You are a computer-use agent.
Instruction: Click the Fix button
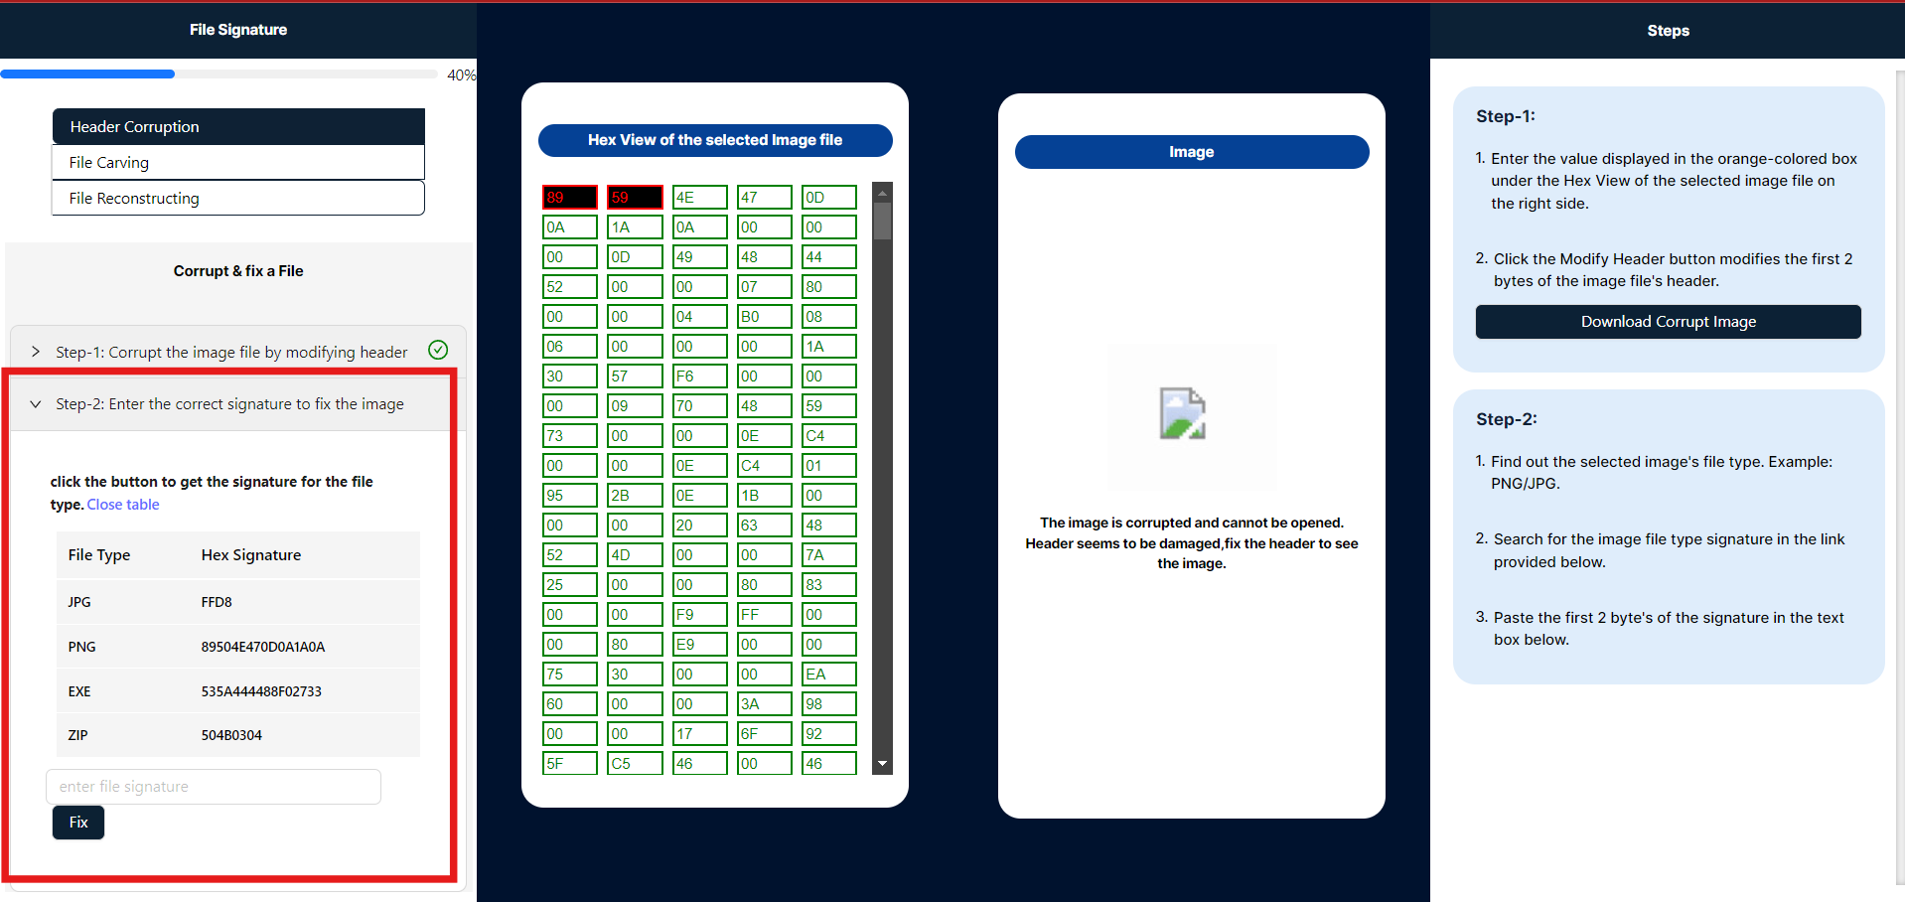tap(77, 823)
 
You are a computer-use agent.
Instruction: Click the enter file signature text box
tap(213, 787)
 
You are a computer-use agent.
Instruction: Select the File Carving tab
tap(237, 163)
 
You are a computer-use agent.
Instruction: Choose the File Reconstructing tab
tap(237, 199)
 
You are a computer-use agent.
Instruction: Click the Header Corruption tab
tap(237, 127)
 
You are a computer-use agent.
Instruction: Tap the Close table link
tap(123, 505)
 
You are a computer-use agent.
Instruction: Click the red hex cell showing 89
tap(569, 198)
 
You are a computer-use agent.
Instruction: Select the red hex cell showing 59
tap(634, 198)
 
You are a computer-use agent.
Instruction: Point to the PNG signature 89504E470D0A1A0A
tap(262, 647)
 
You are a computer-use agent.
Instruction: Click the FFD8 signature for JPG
tap(217, 602)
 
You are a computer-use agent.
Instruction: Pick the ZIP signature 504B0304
tap(231, 736)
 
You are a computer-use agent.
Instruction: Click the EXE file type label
tap(79, 691)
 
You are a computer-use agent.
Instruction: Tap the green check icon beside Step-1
tap(438, 350)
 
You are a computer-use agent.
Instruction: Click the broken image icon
tap(1182, 413)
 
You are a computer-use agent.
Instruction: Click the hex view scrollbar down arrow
tap(882, 764)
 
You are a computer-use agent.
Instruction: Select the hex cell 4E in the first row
tap(698, 198)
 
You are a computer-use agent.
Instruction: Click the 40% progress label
tap(460, 75)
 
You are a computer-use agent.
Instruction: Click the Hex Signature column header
tap(250, 555)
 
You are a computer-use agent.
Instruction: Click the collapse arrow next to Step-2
tap(36, 404)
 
